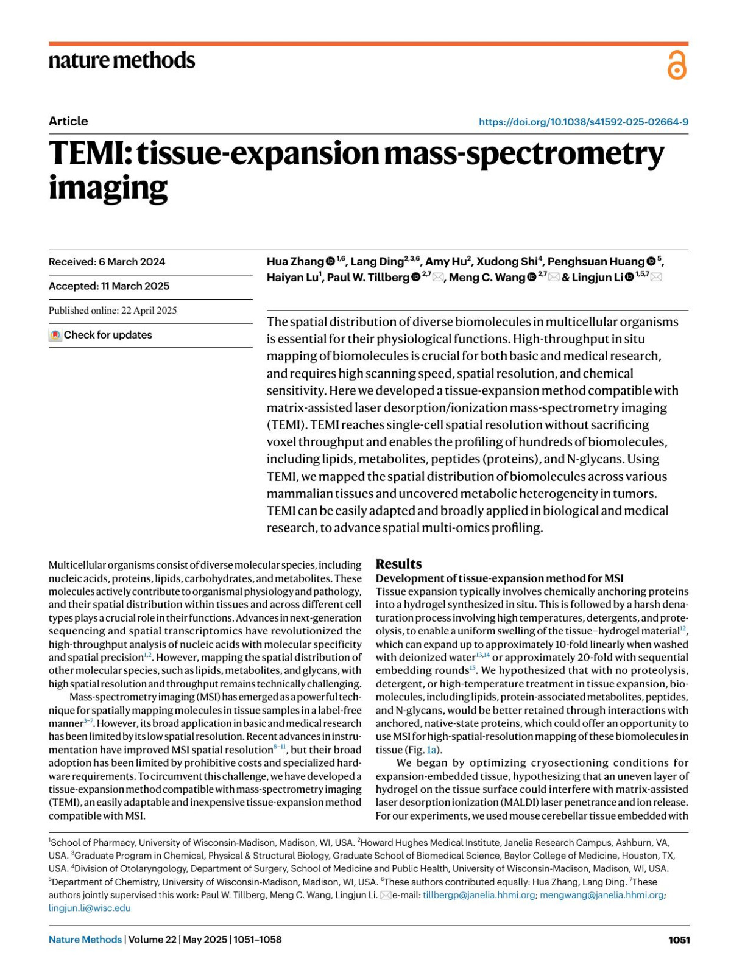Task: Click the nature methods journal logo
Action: click(x=122, y=60)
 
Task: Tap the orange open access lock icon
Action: click(x=677, y=65)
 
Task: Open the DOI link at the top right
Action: click(x=583, y=122)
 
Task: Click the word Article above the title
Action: click(x=68, y=121)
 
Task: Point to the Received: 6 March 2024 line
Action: click(x=107, y=262)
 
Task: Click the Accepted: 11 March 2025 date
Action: click(x=109, y=286)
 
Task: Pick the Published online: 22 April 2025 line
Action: click(x=113, y=311)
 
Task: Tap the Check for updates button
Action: click(x=101, y=335)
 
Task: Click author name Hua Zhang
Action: click(x=295, y=262)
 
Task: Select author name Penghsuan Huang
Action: click(x=595, y=262)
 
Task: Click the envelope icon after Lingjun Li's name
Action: click(x=656, y=278)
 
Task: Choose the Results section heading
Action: click(x=398, y=564)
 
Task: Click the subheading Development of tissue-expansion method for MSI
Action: click(x=500, y=578)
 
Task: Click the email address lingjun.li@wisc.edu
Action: click(x=90, y=908)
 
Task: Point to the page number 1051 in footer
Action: click(x=679, y=940)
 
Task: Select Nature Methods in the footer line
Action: click(x=85, y=940)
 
